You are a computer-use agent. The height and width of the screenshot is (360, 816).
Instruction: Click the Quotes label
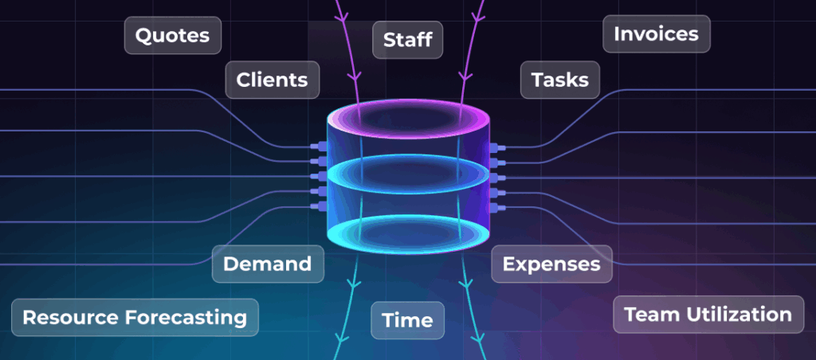click(x=173, y=35)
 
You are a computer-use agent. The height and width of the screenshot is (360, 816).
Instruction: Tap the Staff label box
click(x=407, y=40)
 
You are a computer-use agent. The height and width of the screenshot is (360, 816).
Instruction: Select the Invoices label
click(x=657, y=33)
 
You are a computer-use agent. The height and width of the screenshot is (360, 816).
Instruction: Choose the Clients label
click(x=273, y=80)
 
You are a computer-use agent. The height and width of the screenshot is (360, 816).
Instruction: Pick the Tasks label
click(x=560, y=80)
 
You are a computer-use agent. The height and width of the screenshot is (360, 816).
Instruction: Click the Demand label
click(x=268, y=264)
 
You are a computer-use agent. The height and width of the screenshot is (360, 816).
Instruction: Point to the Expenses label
click(x=551, y=264)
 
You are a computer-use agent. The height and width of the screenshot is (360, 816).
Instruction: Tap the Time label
click(x=407, y=320)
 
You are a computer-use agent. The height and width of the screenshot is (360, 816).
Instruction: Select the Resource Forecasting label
click(x=135, y=317)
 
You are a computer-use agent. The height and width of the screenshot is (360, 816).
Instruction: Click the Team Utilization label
click(x=708, y=315)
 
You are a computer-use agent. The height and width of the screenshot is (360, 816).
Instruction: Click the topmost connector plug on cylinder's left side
click(x=318, y=147)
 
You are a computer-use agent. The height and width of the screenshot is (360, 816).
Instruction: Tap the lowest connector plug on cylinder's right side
click(x=497, y=208)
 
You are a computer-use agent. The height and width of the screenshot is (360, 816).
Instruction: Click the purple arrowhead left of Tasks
click(x=465, y=78)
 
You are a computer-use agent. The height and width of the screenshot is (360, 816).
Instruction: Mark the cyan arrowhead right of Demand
click(x=355, y=286)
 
